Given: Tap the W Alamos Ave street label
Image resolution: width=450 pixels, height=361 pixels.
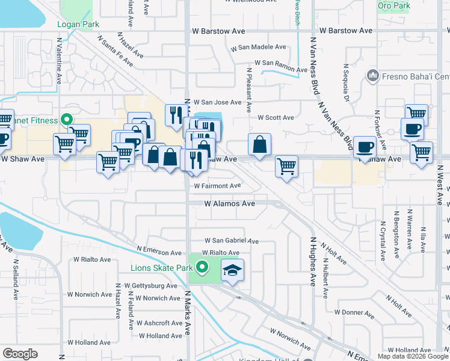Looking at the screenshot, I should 230,204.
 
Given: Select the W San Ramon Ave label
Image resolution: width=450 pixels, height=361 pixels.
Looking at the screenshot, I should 281,63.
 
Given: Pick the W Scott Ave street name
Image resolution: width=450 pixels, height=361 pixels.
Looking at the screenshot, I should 276,118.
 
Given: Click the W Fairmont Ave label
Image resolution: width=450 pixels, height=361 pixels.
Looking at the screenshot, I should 217,186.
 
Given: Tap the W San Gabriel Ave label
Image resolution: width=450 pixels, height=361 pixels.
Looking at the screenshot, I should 231,241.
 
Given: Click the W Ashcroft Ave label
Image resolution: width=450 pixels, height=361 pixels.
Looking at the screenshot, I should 159,323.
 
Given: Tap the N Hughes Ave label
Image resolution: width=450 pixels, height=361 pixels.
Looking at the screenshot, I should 313,262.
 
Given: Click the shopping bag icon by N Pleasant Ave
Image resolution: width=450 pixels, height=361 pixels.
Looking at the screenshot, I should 259,145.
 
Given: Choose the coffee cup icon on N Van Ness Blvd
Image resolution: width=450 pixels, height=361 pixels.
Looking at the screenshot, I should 365,147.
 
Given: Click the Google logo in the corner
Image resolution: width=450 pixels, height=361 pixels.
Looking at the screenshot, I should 20,354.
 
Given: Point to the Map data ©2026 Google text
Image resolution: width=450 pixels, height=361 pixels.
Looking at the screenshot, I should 412,356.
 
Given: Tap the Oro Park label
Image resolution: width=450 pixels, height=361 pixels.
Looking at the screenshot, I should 393,6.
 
